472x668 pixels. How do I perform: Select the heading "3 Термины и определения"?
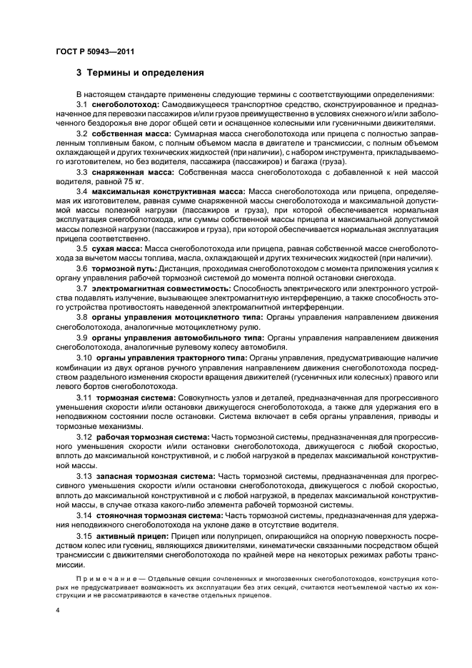pyautogui.click(x=140, y=73)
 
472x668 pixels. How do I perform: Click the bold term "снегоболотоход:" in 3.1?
pyautogui.click(x=127, y=104)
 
